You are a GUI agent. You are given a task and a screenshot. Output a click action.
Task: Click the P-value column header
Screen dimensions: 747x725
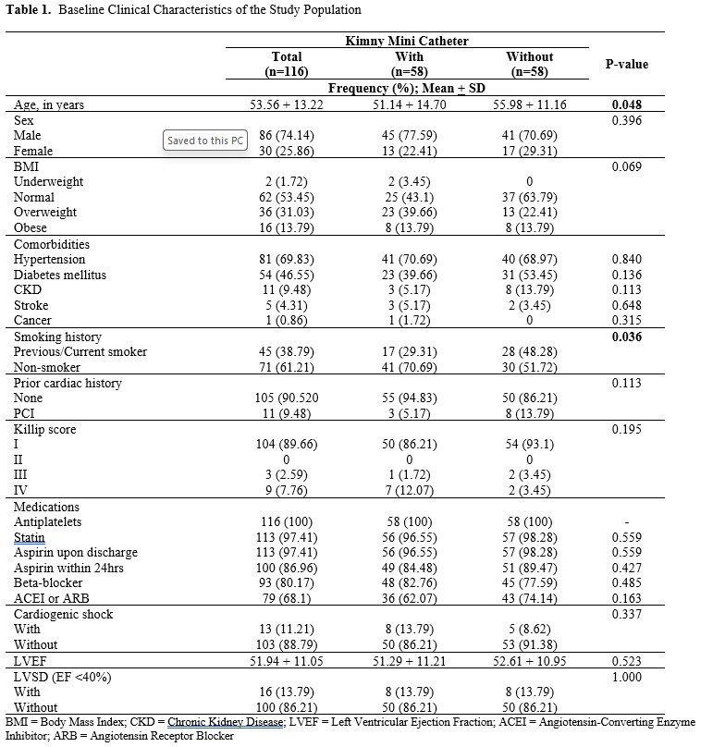[x=626, y=64]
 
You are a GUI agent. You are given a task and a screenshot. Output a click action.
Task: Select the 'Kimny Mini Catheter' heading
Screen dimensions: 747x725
[x=408, y=42]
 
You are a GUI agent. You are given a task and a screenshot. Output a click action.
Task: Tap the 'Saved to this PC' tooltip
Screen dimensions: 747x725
[x=205, y=141]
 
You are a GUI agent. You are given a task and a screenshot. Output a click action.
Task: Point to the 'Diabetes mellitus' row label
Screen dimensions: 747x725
[x=59, y=275]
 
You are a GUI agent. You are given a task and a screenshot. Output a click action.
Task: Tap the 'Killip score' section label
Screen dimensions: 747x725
[x=43, y=429]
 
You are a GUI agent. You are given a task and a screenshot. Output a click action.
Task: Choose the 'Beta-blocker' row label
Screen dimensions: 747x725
[x=48, y=583]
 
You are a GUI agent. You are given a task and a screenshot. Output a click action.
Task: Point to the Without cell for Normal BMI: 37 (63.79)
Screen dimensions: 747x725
[x=530, y=197]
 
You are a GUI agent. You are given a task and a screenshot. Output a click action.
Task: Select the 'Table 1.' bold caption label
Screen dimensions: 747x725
[x=29, y=9]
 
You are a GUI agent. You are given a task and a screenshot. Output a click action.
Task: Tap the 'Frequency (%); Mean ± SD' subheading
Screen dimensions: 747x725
[x=408, y=89]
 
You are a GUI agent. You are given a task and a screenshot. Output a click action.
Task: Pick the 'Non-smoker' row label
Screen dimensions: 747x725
[x=46, y=367]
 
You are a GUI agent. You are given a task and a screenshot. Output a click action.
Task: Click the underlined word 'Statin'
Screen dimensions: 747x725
[x=29, y=537]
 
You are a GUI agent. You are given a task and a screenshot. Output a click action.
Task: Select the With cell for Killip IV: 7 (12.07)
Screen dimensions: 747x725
[x=408, y=491]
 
